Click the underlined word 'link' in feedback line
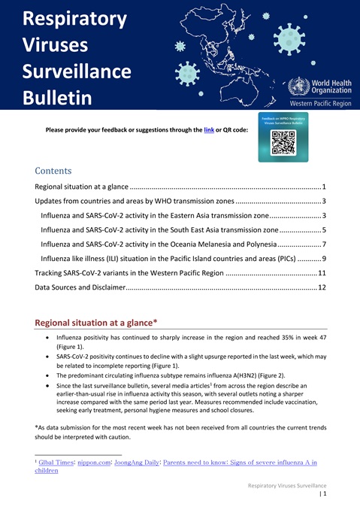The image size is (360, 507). (x=209, y=130)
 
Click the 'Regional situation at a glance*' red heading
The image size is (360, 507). (x=96, y=323)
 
